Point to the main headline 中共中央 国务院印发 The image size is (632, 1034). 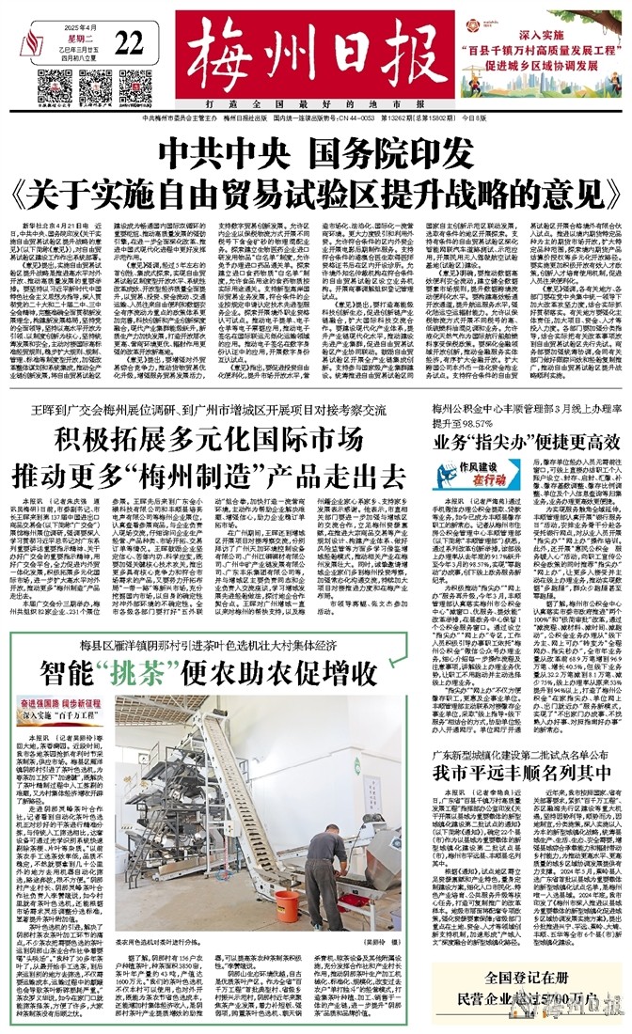click(x=315, y=150)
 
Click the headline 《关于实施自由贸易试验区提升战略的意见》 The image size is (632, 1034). click(x=315, y=192)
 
